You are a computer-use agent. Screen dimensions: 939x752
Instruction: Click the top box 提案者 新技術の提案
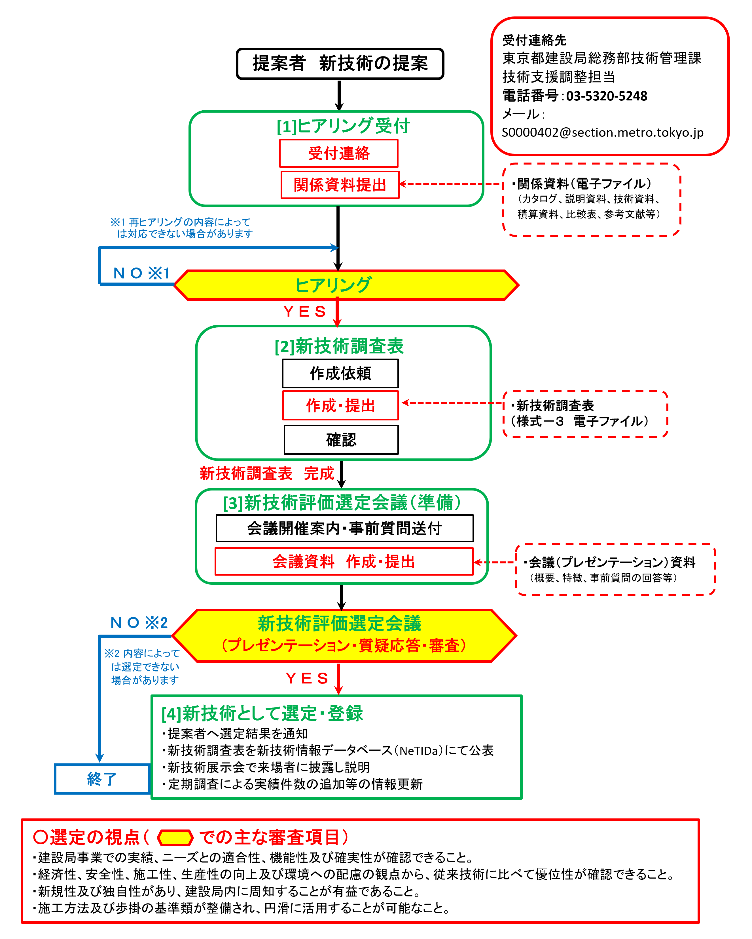coord(340,64)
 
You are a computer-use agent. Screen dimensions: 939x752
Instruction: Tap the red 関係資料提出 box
coord(340,185)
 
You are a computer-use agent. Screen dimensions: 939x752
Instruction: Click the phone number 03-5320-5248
coord(606,96)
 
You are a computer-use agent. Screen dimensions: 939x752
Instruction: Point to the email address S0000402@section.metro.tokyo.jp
coord(602,132)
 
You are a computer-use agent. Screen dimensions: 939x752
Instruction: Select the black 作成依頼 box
coord(340,373)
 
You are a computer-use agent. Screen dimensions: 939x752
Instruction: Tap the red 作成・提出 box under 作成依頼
coord(340,405)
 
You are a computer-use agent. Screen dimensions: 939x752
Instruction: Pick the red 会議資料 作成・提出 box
coord(344,561)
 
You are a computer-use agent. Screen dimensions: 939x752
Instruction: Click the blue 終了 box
coord(102,779)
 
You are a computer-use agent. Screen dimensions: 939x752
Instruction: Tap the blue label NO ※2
coord(139,622)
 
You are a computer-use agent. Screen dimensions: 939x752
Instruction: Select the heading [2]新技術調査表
coord(339,346)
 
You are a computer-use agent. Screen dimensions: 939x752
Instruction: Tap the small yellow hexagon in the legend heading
coord(175,837)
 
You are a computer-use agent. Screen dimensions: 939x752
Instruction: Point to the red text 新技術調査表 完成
coord(266,473)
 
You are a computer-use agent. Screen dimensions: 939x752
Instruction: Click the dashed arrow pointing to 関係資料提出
coord(450,184)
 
